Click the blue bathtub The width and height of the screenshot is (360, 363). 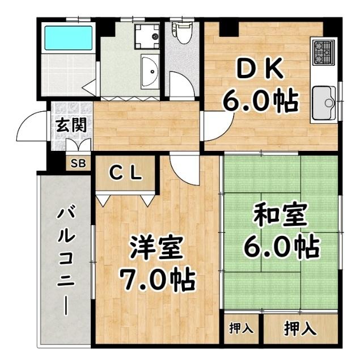click(67, 39)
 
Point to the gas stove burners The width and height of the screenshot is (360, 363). click(323, 52)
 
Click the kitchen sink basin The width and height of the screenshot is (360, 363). click(324, 102)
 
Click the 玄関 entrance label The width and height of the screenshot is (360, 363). click(71, 125)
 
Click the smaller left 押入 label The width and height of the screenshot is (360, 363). click(242, 328)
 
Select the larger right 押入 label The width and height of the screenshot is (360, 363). click(300, 328)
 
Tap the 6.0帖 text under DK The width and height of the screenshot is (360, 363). click(260, 102)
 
